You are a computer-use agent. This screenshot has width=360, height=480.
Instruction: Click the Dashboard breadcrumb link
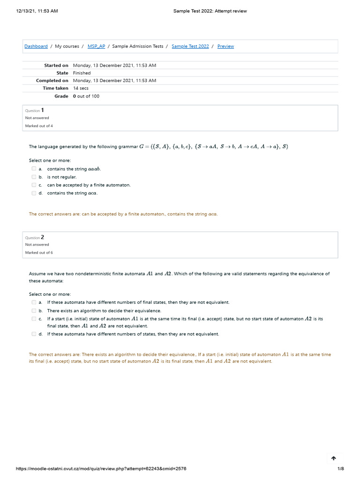pos(36,46)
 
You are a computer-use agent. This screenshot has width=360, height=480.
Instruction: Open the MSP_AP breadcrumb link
pos(96,46)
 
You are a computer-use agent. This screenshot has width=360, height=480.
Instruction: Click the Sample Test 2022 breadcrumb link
pos(190,46)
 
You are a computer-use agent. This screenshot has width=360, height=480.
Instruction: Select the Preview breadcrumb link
pos(225,46)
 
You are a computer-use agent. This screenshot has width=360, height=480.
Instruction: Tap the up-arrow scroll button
pos(334,458)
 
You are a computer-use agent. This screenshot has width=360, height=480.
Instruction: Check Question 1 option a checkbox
pos(34,169)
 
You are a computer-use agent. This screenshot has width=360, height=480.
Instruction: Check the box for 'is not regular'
pos(34,177)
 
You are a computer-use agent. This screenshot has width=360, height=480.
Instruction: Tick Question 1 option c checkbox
pos(34,185)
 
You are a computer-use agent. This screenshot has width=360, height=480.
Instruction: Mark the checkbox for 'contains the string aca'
pos(34,193)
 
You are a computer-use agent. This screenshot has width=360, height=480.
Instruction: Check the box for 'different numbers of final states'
pos(34,302)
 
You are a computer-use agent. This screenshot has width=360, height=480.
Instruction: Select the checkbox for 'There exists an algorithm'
pos(34,310)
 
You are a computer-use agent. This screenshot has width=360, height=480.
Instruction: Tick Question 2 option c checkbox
pos(34,319)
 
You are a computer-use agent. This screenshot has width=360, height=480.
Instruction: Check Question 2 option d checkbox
pos(34,334)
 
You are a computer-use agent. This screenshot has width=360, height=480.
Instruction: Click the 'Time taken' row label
pos(55,88)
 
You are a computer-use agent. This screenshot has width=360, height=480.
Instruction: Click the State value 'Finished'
pos(82,73)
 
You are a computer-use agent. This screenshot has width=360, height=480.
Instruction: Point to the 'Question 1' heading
pos(35,110)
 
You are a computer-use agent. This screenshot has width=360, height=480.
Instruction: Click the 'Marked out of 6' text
pos(39,253)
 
